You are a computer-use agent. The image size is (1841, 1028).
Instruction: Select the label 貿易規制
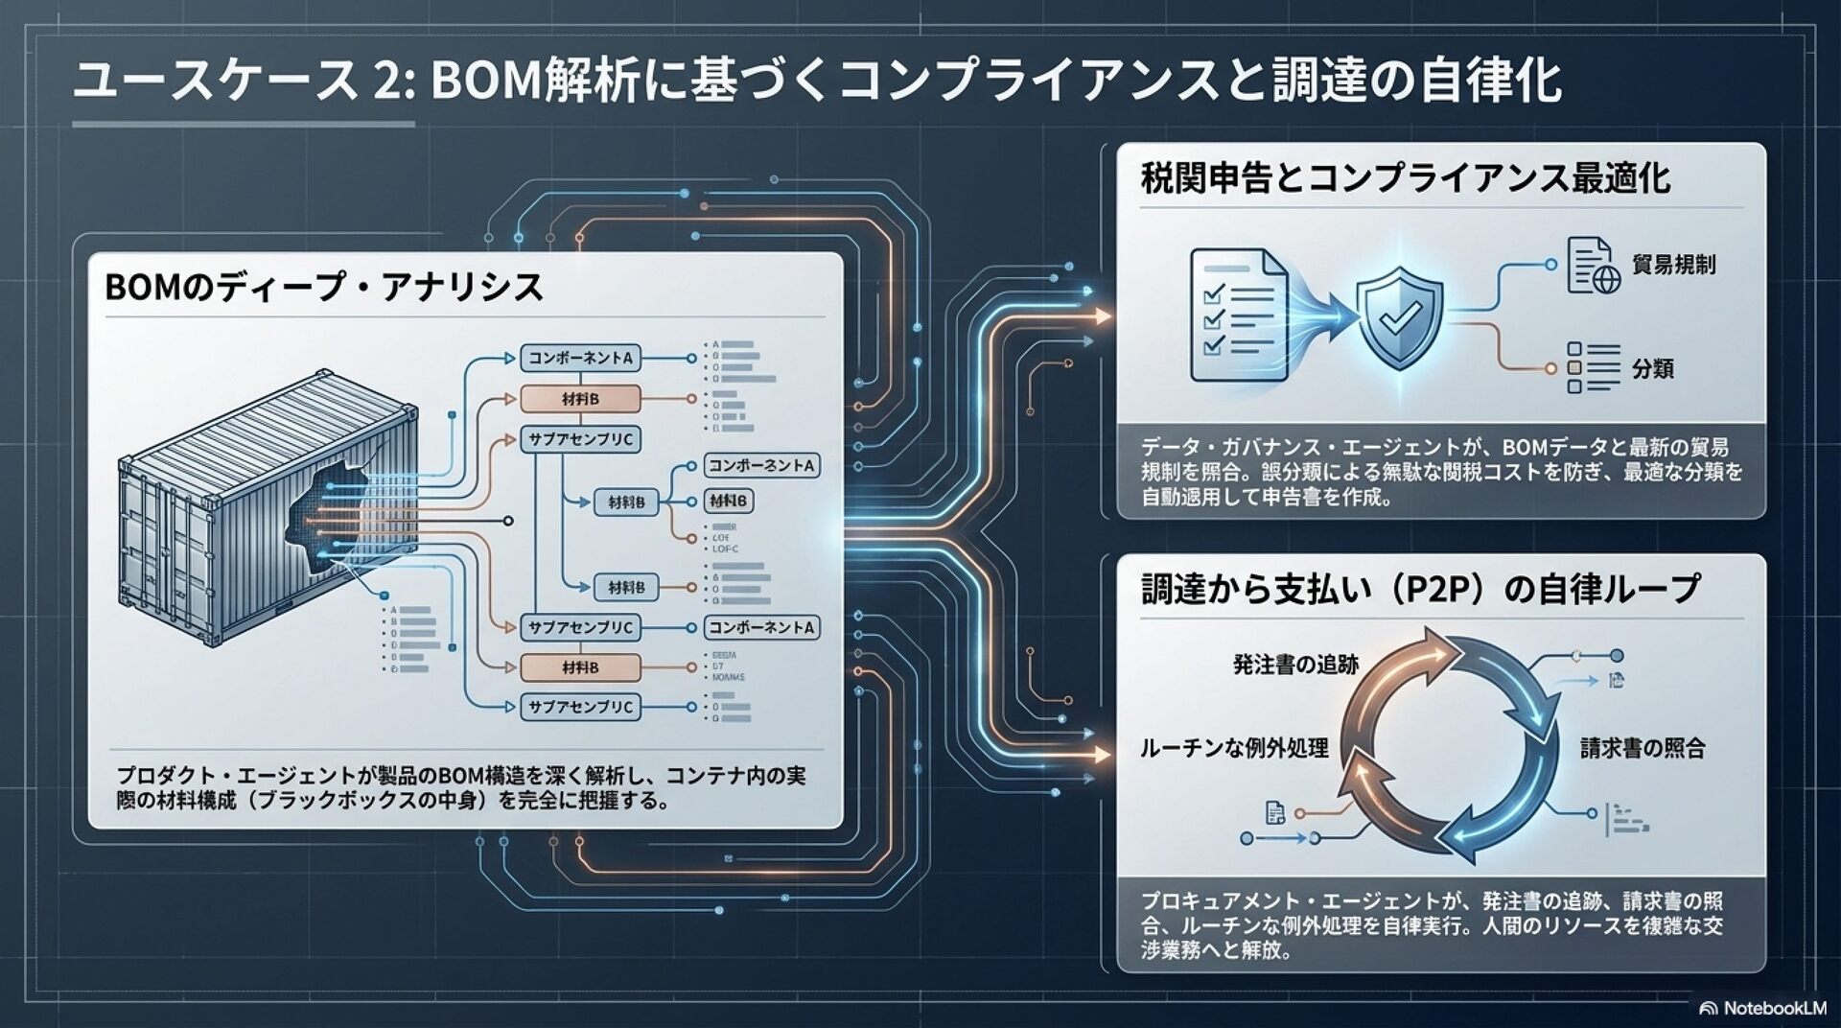(1673, 265)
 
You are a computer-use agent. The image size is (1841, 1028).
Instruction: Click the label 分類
(1652, 369)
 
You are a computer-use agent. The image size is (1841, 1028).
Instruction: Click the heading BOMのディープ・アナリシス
(323, 288)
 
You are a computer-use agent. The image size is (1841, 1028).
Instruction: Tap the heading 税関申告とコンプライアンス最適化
(1405, 179)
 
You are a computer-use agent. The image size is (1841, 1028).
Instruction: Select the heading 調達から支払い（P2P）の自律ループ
(1420, 589)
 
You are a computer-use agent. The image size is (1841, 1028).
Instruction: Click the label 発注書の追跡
(1294, 665)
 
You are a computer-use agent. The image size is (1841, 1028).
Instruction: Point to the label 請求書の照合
(1643, 749)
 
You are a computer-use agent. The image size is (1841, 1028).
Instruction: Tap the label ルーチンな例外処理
(1234, 749)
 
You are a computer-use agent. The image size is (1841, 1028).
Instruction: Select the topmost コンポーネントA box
(581, 359)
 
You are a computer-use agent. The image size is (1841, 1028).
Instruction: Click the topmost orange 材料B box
(579, 399)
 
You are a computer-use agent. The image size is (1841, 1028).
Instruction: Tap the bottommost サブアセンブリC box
(581, 708)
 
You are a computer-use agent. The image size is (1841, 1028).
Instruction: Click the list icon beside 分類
(1592, 368)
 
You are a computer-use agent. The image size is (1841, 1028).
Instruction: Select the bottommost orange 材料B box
(579, 667)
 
